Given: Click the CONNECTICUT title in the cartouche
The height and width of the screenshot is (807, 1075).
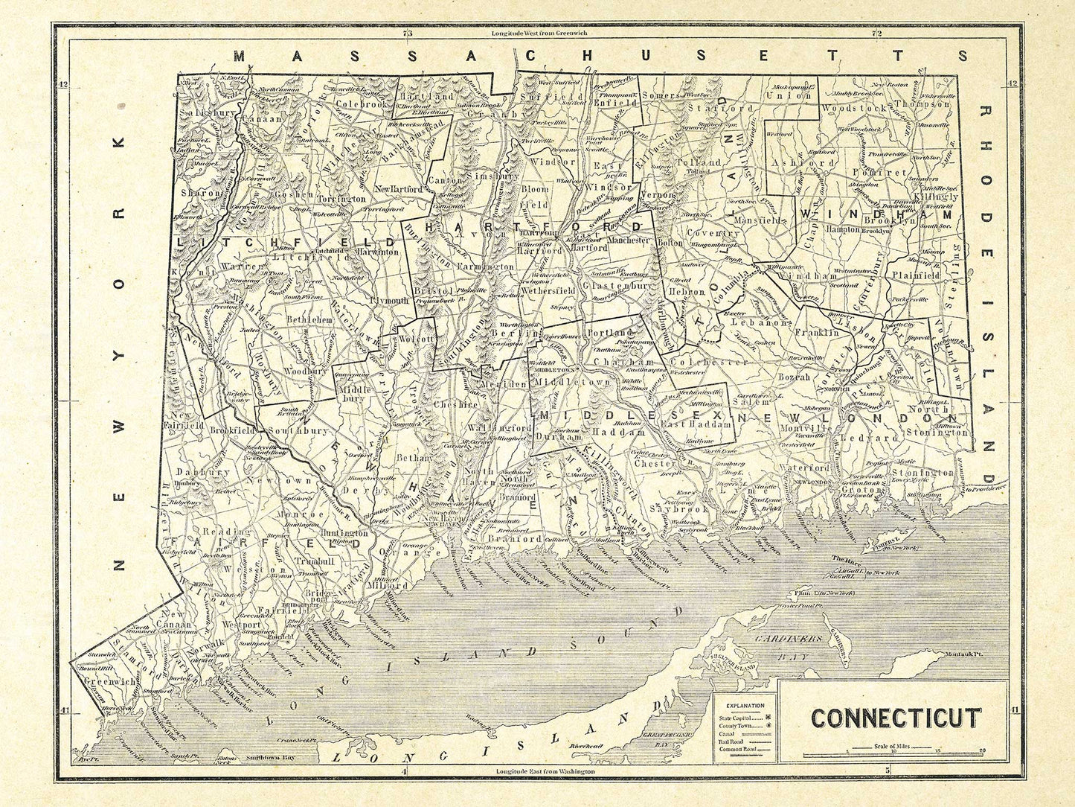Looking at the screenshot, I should coord(895,718).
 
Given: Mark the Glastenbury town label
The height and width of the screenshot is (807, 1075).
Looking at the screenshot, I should coord(617,285).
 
